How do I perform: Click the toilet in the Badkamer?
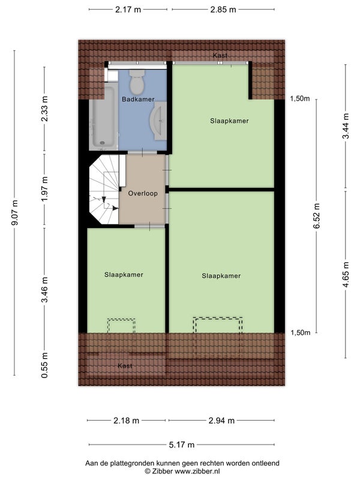pyautogui.click(x=137, y=82)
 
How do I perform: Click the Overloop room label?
pyautogui.click(x=143, y=193)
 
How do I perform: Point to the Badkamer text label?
pyautogui.click(x=138, y=99)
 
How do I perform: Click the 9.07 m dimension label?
pyautogui.click(x=14, y=212)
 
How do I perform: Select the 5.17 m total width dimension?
pyautogui.click(x=182, y=445)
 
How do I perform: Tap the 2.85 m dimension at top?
pyautogui.click(x=223, y=10)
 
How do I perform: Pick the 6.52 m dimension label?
pyautogui.click(x=317, y=215)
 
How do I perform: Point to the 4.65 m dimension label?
pyautogui.click(x=346, y=275)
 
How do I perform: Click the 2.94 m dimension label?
pyautogui.click(x=221, y=421)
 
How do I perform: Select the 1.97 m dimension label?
pyautogui.click(x=44, y=190)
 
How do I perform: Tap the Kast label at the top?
pyautogui.click(x=220, y=55)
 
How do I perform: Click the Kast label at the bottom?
pyautogui.click(x=125, y=366)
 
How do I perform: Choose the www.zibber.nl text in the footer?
pyautogui.click(x=197, y=472)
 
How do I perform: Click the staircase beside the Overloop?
pyautogui.click(x=104, y=190)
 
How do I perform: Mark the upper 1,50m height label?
pyautogui.click(x=300, y=98)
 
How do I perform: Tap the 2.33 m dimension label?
pyautogui.click(x=44, y=109)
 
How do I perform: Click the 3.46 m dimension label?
pyautogui.click(x=44, y=290)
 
